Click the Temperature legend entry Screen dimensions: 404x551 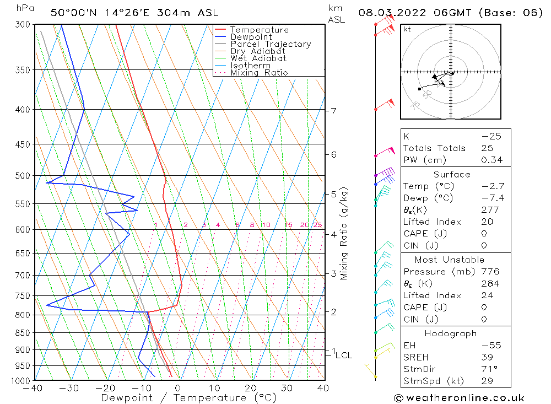[x=259, y=30]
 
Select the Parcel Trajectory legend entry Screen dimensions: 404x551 [x=271, y=44]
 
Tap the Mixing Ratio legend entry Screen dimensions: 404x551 [x=259, y=73]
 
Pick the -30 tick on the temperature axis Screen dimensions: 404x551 [x=69, y=388]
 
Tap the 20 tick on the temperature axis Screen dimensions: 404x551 [x=251, y=388]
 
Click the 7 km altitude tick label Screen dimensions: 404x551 [x=333, y=111]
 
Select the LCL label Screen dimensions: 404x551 [x=343, y=355]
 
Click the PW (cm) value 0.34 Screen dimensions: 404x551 [x=492, y=160]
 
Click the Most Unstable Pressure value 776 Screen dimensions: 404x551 [x=490, y=272]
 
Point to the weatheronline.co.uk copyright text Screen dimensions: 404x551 [x=459, y=398]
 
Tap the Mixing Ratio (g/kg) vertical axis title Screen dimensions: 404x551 [x=344, y=233]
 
